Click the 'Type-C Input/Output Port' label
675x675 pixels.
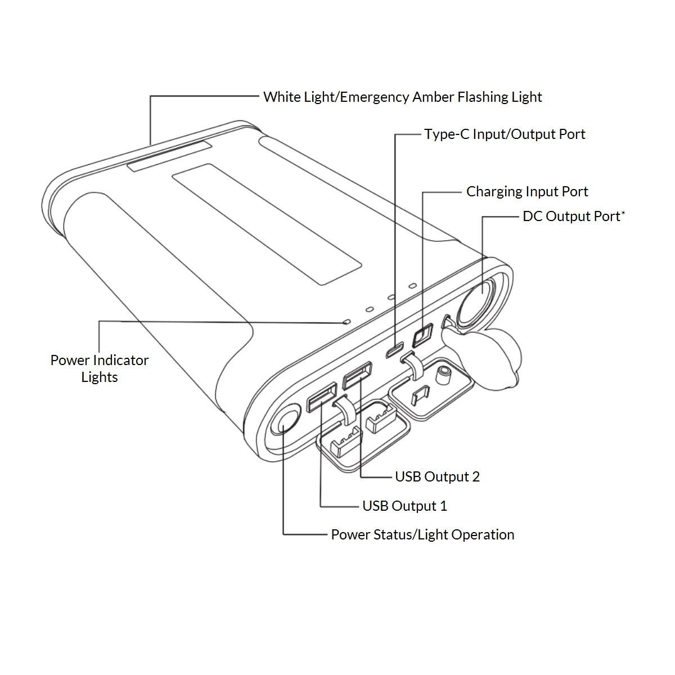[x=505, y=134]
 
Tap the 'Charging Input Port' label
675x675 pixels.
[x=527, y=192]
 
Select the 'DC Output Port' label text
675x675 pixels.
[x=571, y=217]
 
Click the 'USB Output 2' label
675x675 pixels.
[x=438, y=477]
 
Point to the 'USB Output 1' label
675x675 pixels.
[x=405, y=506]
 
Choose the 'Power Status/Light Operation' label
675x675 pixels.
[x=423, y=535]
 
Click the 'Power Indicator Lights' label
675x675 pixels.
[x=100, y=368]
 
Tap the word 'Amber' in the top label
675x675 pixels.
[x=433, y=97]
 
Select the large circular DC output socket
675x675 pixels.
[x=477, y=301]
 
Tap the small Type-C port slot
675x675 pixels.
[x=394, y=350]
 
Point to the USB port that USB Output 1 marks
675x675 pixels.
[x=322, y=397]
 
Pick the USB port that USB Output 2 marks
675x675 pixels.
[x=357, y=375]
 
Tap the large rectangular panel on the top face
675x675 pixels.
[x=267, y=224]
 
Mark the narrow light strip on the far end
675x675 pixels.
[x=169, y=156]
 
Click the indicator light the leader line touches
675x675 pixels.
[x=347, y=321]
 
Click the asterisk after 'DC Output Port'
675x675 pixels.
[x=623, y=213]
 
